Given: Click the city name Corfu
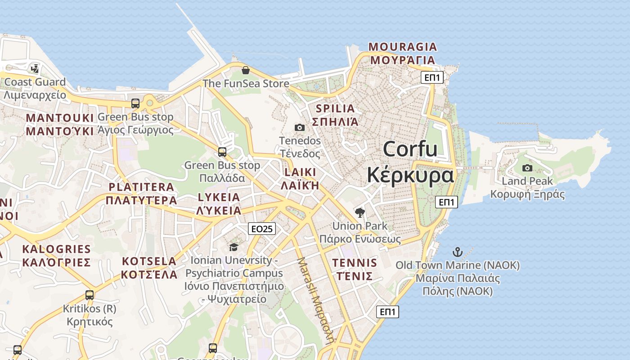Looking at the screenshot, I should [x=410, y=149].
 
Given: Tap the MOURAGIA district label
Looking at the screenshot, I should [x=402, y=47].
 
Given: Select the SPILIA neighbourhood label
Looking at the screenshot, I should [x=335, y=108].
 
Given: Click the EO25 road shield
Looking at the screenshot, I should [x=261, y=229].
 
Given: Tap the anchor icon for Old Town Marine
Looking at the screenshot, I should [x=458, y=252].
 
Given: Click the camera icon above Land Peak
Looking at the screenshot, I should [x=527, y=168].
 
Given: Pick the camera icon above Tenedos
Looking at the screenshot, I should [x=299, y=128].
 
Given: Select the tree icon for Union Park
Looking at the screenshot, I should [x=360, y=212].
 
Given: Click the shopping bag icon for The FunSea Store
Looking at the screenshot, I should [x=246, y=70].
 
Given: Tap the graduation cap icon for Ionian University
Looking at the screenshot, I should [x=234, y=247].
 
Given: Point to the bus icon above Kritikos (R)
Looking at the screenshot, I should [x=90, y=295].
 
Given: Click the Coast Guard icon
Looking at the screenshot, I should [x=35, y=69].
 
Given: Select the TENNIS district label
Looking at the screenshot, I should [x=354, y=263].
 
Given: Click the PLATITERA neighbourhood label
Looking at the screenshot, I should [x=141, y=187].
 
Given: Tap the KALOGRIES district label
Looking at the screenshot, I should [x=56, y=249].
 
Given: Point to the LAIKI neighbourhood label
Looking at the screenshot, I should [x=300, y=172].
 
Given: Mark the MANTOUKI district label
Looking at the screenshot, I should [x=60, y=118].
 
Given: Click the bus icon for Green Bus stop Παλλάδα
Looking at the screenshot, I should [x=222, y=152].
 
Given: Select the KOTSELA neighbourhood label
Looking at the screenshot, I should [x=149, y=261].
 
